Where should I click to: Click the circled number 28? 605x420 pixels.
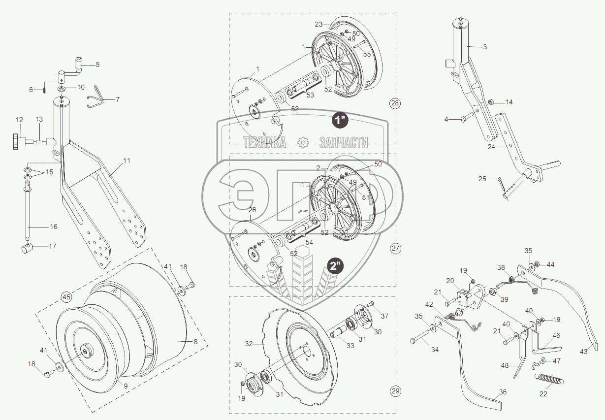pos(395,103)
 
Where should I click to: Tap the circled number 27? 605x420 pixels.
pos(395,248)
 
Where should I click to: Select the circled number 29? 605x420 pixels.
pos(395,391)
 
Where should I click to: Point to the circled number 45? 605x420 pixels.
pos(66,297)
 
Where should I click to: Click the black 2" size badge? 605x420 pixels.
pos(336,266)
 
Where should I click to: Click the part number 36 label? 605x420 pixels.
pos(502,392)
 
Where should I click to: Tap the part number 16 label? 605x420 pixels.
pos(53,226)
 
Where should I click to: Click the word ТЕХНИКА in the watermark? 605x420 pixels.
pos(265,143)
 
